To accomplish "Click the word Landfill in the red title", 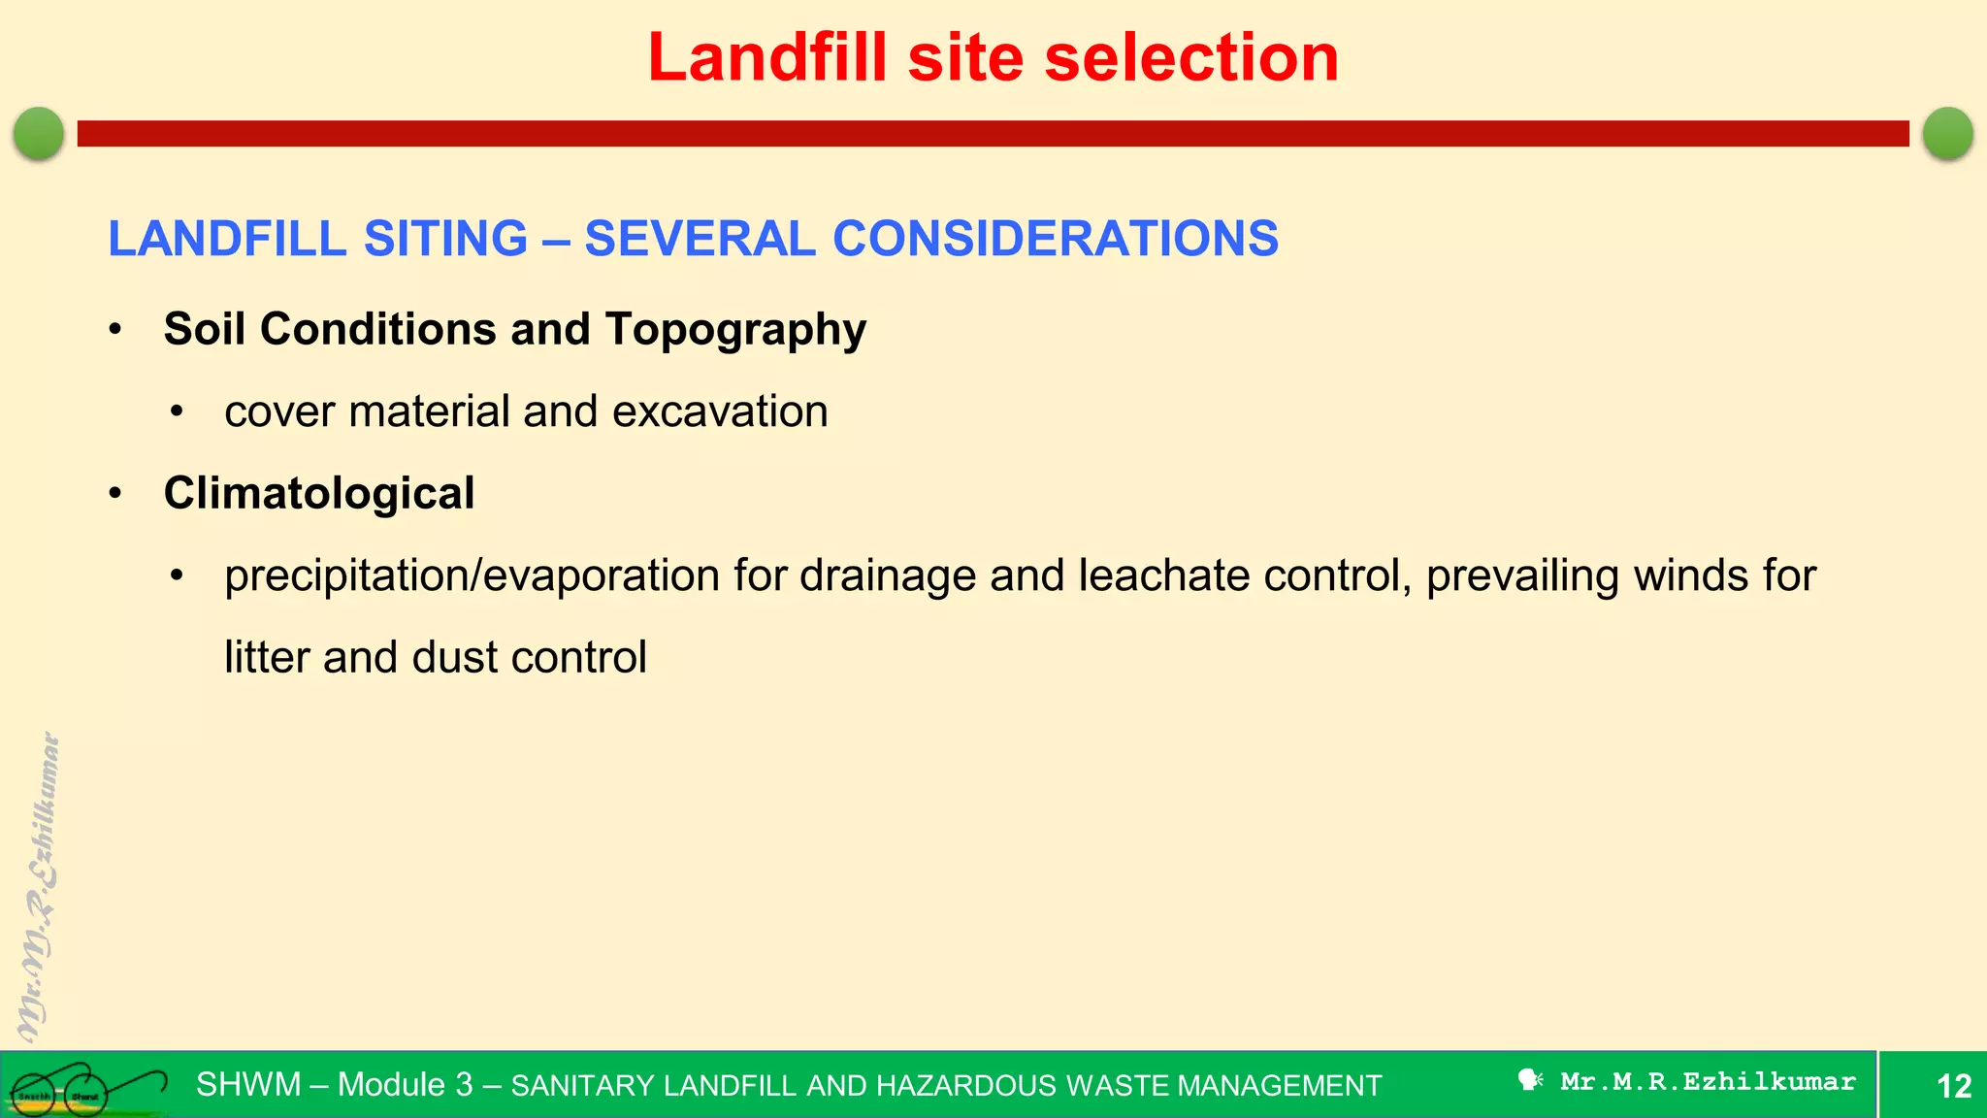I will (766, 57).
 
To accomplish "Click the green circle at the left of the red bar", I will (39, 133).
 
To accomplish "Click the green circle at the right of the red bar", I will (1947, 133).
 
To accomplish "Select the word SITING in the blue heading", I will (445, 239).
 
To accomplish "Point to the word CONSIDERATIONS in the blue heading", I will (1056, 239).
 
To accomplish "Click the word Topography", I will (735, 330).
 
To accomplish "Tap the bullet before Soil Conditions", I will (115, 330).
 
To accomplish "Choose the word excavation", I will (720, 411).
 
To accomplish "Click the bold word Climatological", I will (319, 493).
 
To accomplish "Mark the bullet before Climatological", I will (115, 494).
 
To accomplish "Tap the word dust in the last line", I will (455, 657).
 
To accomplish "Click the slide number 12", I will (1954, 1085).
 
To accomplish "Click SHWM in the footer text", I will (248, 1084).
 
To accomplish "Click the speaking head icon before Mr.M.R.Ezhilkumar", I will (1530, 1080).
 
